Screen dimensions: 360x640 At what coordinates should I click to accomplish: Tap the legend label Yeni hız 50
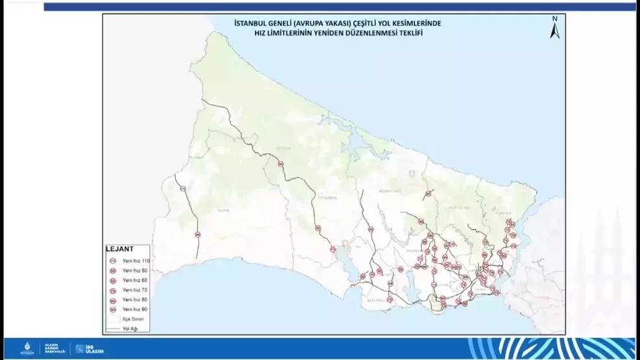(136, 270)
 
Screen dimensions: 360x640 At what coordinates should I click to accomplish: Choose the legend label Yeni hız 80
(136, 300)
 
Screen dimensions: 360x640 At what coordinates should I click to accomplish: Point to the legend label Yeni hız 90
(136, 309)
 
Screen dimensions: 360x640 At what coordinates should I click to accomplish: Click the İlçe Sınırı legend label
(132, 320)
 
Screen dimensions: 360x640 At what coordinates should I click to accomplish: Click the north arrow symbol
(554, 30)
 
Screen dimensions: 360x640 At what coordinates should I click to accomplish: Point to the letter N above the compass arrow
(555, 19)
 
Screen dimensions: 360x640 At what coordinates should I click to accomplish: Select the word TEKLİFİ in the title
(408, 32)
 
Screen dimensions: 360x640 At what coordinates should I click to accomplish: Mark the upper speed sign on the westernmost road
(183, 189)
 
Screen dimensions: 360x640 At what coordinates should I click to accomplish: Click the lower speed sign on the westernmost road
(197, 234)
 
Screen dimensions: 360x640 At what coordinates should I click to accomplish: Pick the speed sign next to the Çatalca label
(280, 164)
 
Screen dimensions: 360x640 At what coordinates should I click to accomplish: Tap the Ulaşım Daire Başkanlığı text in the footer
(51, 348)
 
